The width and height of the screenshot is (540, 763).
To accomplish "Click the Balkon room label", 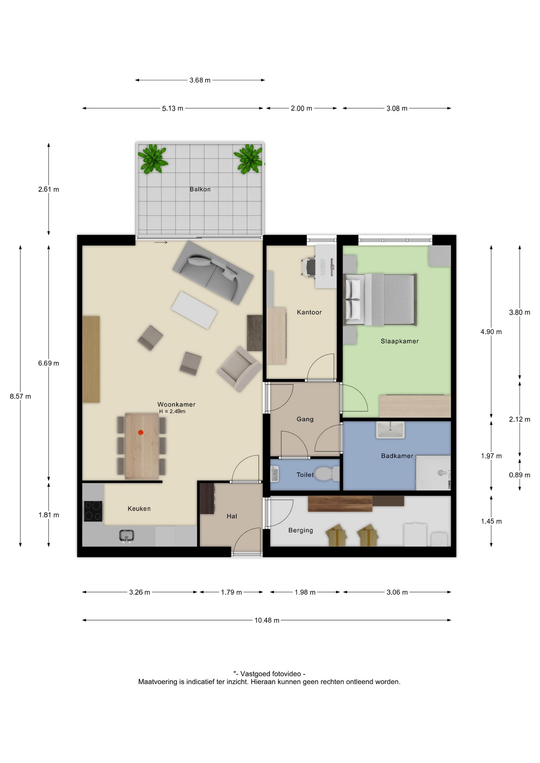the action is point(200,189).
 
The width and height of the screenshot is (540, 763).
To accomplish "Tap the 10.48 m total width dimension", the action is point(267,620).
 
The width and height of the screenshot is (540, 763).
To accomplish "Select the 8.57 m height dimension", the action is point(20,396).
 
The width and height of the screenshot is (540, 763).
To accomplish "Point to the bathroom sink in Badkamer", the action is point(390,430).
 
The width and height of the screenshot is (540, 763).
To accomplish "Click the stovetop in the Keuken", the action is point(93,511).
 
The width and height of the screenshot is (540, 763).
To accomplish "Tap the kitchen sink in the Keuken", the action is point(126,536).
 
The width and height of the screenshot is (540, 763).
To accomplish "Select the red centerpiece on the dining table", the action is point(140,432).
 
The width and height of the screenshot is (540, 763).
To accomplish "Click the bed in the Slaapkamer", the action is point(381,300).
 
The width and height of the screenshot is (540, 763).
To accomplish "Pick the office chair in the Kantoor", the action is point(309,267).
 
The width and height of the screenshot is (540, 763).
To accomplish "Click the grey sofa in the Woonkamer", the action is point(213,273).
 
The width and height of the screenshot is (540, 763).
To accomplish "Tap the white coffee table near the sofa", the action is point(194,310).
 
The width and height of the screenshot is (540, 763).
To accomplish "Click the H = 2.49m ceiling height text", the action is point(172,411).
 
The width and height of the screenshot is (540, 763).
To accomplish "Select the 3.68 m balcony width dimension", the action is point(200,80).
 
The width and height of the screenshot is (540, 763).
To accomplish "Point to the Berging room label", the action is point(301,530).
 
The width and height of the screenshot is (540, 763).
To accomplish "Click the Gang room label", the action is point(305,419).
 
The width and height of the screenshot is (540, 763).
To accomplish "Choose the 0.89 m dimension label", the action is point(519,475).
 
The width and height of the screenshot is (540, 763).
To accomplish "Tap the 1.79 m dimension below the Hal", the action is point(231,592).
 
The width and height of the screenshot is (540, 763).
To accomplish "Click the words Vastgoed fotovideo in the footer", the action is point(270,674).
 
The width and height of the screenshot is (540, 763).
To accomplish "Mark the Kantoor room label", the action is point(309,312).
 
